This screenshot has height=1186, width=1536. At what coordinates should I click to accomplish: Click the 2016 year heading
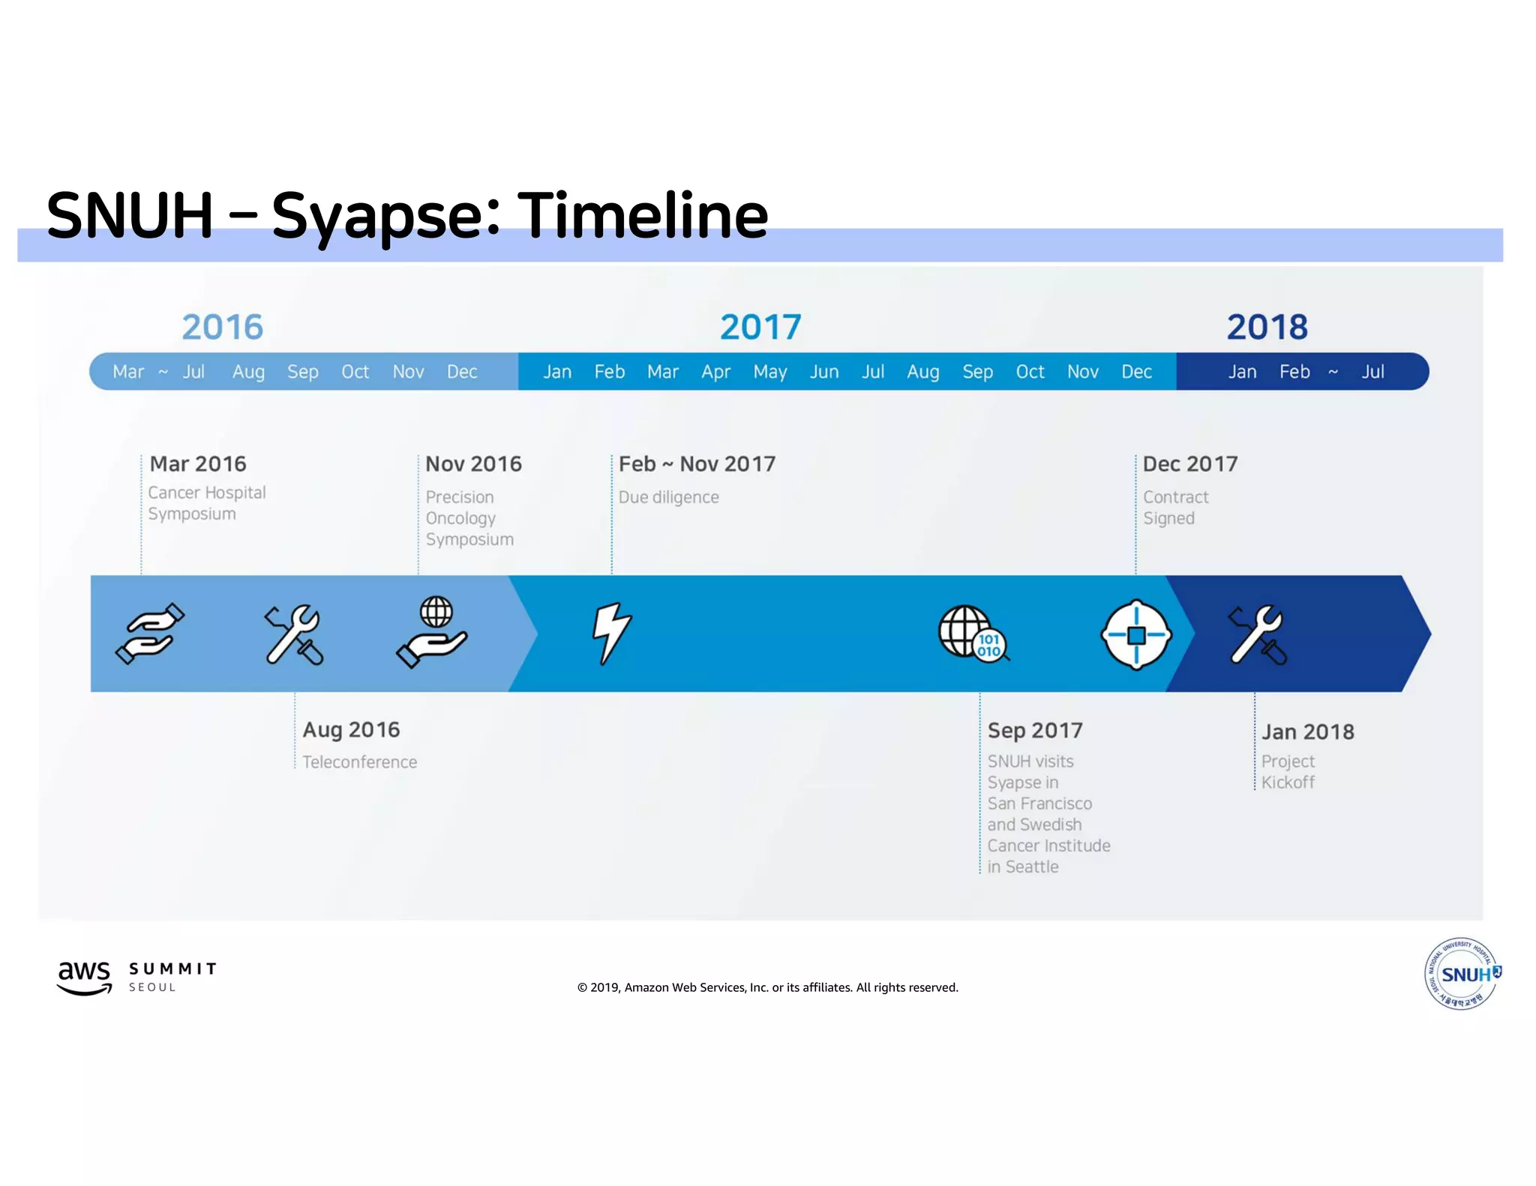click(222, 327)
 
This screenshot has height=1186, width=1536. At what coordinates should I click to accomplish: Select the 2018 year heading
click(1267, 327)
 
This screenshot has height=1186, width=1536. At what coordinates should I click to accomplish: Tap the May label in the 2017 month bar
click(769, 372)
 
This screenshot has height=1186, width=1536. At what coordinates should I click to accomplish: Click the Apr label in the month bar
click(715, 372)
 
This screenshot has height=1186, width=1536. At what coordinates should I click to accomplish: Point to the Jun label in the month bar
click(823, 372)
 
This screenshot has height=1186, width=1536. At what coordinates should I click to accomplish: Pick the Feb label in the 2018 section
click(1294, 372)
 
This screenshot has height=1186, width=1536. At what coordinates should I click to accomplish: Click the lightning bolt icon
click(611, 633)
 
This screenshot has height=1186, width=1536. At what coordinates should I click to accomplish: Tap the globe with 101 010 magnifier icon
click(973, 633)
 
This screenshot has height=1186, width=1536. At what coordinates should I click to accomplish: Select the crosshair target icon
click(1135, 635)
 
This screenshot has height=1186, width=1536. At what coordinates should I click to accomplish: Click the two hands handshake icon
click(149, 633)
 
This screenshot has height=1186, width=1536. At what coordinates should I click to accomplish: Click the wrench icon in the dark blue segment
click(1257, 635)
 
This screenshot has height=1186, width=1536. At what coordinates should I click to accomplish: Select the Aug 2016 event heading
click(351, 729)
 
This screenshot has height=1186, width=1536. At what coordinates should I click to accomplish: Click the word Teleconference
click(359, 762)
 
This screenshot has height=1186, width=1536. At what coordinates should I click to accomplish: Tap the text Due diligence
click(668, 497)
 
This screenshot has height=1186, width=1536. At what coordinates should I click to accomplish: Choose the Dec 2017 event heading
click(1189, 464)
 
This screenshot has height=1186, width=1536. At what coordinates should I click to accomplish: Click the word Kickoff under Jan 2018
click(1288, 783)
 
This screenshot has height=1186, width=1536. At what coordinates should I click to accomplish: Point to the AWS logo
click(84, 977)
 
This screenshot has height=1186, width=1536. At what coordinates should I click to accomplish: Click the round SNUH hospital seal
click(1461, 974)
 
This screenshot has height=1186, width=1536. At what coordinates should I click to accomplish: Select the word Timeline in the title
click(643, 216)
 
